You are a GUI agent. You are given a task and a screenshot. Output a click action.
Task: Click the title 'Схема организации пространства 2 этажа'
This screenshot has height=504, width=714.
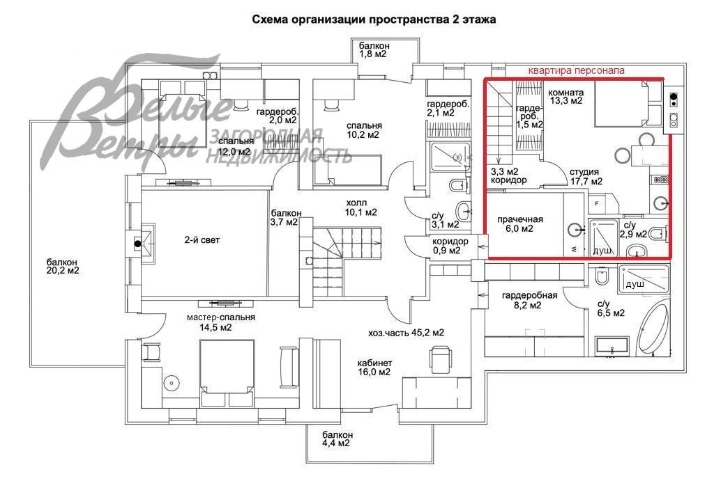point(374,19)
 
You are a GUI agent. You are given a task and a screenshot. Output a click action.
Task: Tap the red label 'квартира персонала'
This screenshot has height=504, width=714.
point(576,70)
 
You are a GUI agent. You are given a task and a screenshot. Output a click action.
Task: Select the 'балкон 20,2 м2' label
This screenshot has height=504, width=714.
point(63,267)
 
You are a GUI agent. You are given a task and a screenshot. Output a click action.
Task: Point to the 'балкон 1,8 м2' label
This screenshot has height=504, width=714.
point(374,50)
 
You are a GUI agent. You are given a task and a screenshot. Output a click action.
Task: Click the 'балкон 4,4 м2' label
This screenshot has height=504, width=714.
point(337,439)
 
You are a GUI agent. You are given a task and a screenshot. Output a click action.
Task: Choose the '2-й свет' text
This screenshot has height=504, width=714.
point(202,240)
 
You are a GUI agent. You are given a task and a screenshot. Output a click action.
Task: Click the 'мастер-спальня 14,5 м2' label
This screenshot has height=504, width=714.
point(220,322)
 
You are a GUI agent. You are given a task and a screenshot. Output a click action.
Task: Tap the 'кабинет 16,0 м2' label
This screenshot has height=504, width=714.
point(374,368)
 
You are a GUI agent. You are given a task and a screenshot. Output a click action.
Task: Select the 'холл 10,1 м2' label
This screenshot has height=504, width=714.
point(360,207)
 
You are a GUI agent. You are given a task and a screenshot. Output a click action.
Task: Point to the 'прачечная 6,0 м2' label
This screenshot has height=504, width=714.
point(519,224)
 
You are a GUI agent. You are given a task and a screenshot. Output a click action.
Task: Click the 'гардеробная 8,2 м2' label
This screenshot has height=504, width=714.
point(529,301)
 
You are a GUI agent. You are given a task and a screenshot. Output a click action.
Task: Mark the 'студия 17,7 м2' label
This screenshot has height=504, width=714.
point(586,176)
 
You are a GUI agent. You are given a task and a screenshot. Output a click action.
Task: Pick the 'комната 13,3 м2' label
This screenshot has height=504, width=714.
point(566,96)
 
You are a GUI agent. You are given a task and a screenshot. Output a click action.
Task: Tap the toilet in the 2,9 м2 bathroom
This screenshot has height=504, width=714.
point(658,234)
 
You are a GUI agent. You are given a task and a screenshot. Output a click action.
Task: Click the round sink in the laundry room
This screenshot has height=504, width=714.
point(575,230)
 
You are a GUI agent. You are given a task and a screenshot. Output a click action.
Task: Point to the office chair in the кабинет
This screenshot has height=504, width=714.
point(441,357)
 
